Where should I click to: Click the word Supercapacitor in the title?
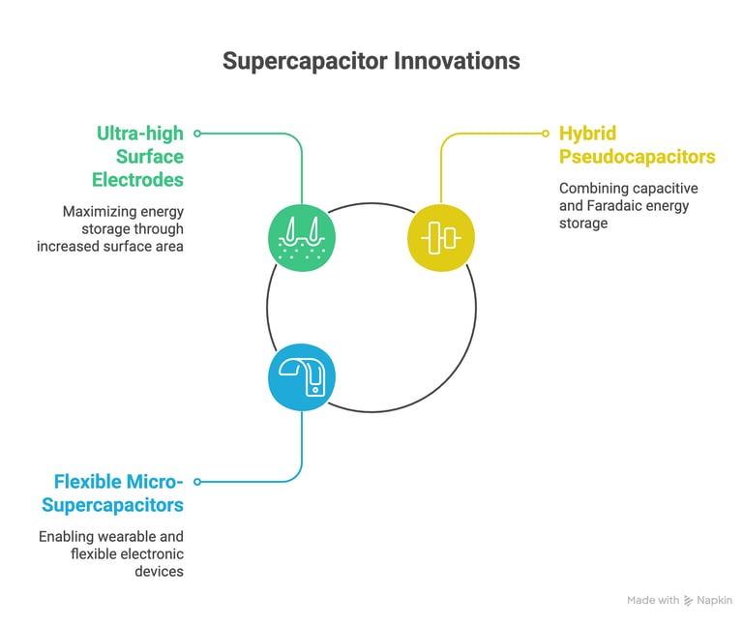(305, 62)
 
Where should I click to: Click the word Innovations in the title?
(458, 61)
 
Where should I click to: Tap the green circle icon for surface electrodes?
(302, 238)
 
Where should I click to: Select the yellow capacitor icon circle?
(441, 238)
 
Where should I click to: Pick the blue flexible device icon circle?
(302, 377)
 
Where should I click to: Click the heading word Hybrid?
(587, 134)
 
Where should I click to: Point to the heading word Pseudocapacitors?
(638, 157)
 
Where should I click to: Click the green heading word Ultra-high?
(139, 134)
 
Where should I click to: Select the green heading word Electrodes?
(137, 180)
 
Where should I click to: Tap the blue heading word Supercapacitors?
(112, 506)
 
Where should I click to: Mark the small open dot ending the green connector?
(197, 134)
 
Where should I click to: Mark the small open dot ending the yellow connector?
(546, 134)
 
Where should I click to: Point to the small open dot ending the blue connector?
(197, 482)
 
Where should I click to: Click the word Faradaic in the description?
(610, 206)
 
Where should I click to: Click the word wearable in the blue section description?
(126, 536)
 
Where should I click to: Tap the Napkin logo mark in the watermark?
(689, 601)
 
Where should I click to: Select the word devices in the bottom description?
(159, 572)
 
